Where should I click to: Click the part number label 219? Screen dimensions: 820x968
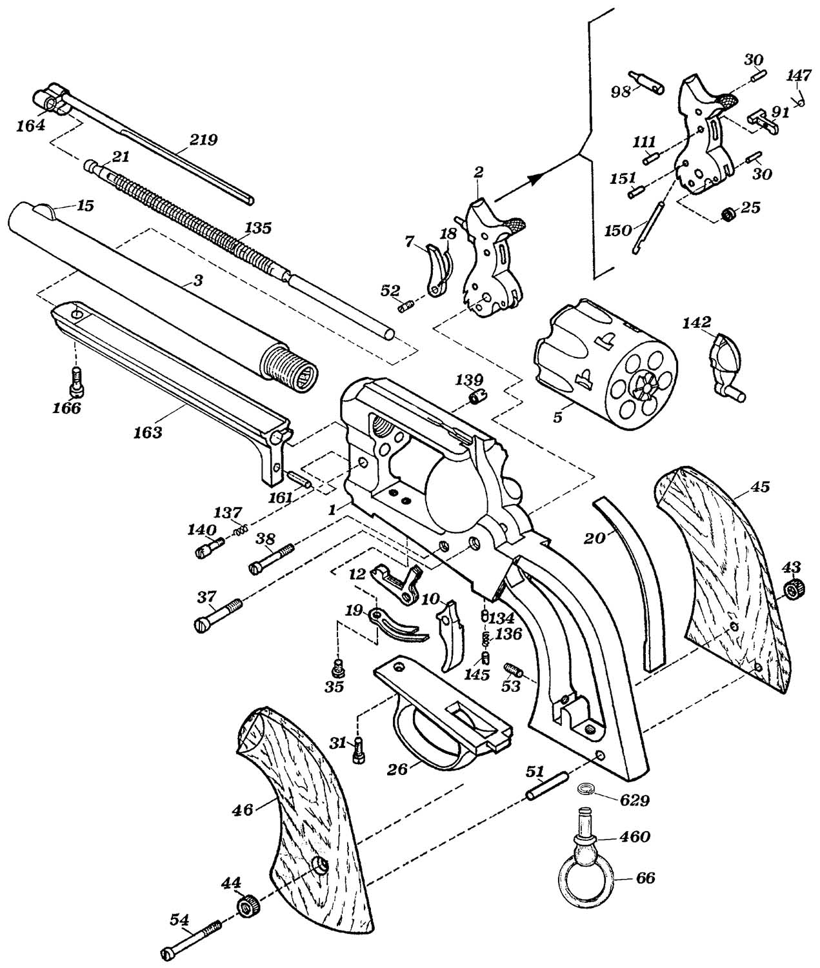point(204,140)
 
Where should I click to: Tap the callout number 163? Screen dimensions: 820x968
point(148,432)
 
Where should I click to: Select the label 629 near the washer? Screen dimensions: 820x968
point(635,800)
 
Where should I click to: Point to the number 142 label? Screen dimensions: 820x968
point(696,322)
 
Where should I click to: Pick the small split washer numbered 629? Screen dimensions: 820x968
point(585,790)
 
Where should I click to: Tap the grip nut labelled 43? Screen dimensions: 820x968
point(794,589)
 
